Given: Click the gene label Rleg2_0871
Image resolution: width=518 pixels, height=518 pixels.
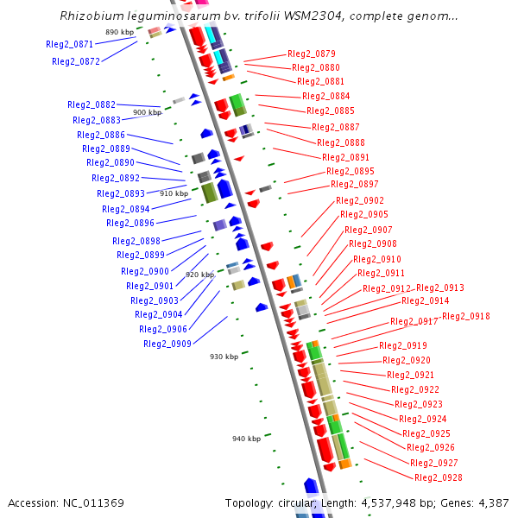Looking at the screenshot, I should pos(69,44).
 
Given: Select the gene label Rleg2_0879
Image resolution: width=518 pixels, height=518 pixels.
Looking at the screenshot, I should pos(311,54).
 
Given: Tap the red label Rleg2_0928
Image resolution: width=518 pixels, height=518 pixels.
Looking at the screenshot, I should pos(438,477).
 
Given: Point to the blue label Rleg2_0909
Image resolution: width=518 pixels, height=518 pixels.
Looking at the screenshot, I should pos(167,344).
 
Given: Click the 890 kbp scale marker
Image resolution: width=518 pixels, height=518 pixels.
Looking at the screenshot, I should pos(120,32).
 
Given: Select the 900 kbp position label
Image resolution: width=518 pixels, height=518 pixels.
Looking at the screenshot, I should pos(147,112).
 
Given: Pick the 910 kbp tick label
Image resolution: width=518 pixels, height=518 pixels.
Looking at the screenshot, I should pos(174,193).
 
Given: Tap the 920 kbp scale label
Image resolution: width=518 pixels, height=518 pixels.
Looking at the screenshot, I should pos(199,275).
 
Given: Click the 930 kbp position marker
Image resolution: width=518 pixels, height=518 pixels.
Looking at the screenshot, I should pos(224,357).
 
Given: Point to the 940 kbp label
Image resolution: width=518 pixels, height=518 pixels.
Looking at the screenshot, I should pos(246,439).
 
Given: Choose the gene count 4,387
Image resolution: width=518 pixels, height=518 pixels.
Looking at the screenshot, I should pos(493,502).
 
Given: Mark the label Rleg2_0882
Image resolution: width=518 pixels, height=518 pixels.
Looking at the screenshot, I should pos(91,104).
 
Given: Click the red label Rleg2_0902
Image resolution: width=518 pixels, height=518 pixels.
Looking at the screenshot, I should pos(359,200).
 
